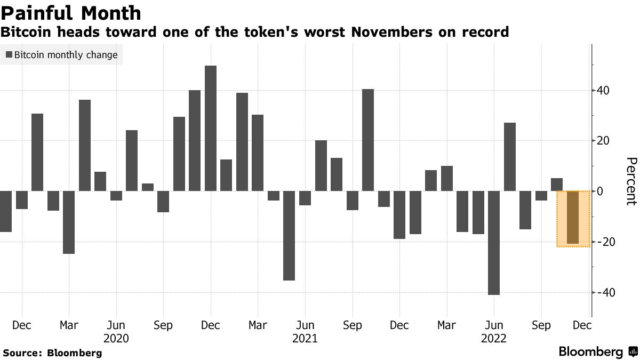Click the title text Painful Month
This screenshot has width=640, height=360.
(x=71, y=13)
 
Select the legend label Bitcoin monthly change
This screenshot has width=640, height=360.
(x=66, y=55)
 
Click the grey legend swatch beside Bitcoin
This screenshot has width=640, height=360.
(x=9, y=55)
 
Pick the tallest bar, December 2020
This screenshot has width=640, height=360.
(x=211, y=128)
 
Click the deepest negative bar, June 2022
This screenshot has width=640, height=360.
(x=494, y=243)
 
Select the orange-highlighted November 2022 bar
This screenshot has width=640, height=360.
(x=572, y=218)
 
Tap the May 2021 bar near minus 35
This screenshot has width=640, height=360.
(x=289, y=235)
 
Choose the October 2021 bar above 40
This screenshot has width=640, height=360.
(x=368, y=140)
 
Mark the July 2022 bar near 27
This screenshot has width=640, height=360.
(x=510, y=157)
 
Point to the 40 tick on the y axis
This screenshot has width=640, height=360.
(x=604, y=90)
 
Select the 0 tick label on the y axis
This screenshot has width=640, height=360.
(x=601, y=191)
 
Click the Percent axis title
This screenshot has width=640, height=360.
(x=631, y=181)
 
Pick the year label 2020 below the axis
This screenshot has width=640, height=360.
(x=116, y=338)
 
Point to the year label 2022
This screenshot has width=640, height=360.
(x=494, y=338)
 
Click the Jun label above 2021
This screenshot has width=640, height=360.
(x=305, y=325)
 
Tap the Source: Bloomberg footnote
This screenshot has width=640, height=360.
(x=52, y=353)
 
